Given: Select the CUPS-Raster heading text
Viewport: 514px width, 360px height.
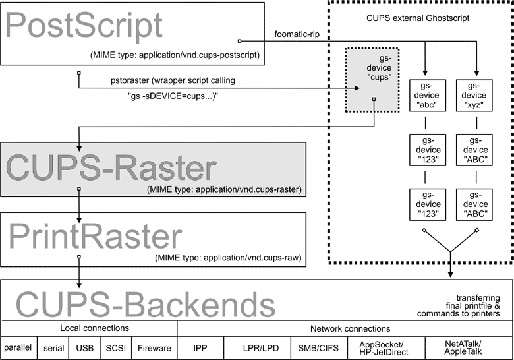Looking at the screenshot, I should coord(111,168).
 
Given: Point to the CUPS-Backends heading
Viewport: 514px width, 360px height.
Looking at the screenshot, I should coord(145,304).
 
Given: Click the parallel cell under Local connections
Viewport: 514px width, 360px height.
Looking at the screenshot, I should coord(18,347).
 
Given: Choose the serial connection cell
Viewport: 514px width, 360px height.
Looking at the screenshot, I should coord(53,347).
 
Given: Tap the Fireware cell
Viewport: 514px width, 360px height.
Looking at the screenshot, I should coord(154,347).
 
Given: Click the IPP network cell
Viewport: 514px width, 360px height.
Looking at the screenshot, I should coord(200,347).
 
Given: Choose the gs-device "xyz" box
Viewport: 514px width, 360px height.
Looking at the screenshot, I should coord(476,96).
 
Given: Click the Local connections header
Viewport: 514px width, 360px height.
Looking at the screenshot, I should coord(88,328).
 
